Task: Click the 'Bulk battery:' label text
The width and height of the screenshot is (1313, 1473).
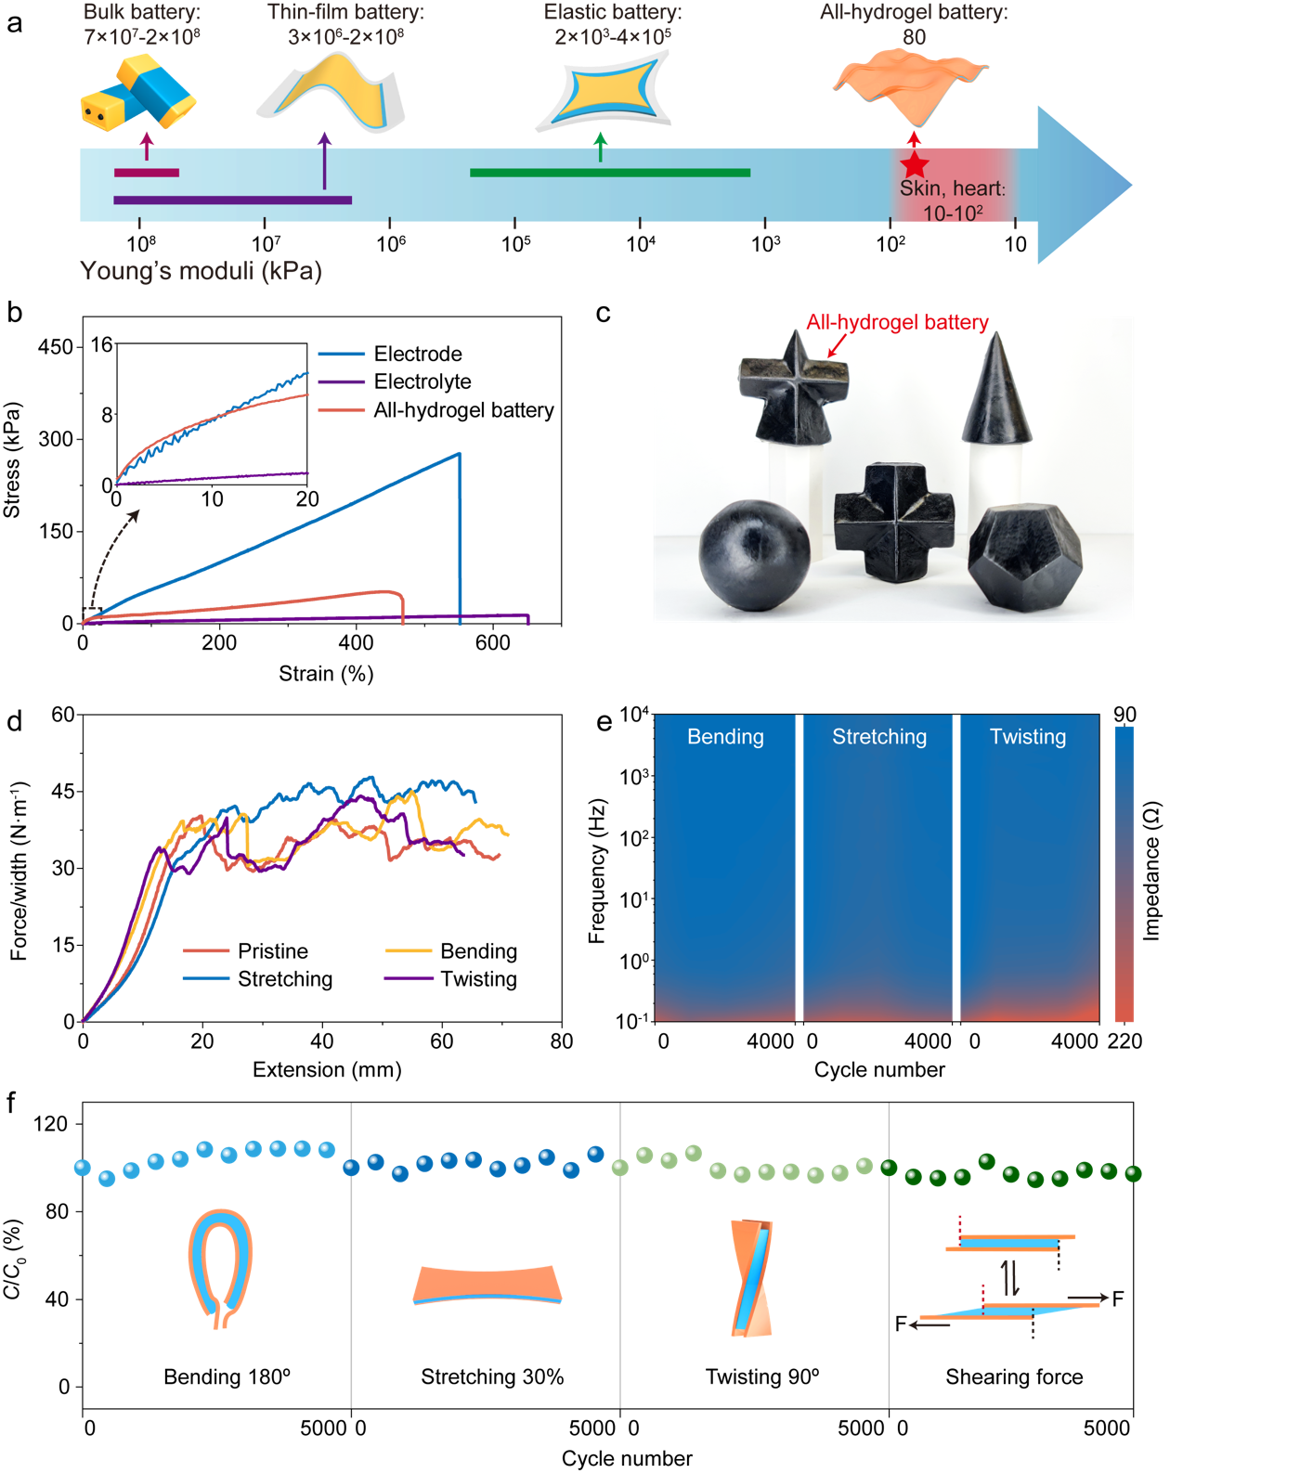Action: tap(141, 13)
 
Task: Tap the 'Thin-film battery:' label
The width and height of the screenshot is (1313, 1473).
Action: tap(345, 13)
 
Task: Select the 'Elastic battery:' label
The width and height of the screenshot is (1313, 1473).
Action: tap(613, 13)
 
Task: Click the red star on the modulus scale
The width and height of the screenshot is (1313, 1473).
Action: tap(915, 165)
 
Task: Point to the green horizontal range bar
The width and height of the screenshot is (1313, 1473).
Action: tap(610, 173)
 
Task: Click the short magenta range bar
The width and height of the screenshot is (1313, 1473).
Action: tap(147, 173)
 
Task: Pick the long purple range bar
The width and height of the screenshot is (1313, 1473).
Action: tap(232, 200)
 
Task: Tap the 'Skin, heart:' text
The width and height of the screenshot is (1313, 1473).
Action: tap(953, 188)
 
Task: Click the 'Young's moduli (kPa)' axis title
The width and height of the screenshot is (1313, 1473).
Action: tap(201, 271)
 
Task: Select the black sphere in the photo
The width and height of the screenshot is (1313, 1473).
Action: tap(754, 555)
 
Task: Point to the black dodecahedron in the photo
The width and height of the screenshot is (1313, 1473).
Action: tap(1024, 557)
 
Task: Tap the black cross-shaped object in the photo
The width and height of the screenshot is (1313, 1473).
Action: tap(893, 523)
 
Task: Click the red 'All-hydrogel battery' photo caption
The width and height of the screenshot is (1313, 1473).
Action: tap(897, 323)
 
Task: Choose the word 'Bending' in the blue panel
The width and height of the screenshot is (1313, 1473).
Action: tap(725, 737)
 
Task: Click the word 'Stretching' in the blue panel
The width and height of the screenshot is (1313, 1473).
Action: tap(879, 737)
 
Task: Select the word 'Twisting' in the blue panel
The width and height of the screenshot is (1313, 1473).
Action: tap(1028, 737)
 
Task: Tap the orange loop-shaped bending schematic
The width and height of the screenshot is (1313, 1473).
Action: tap(221, 1268)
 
